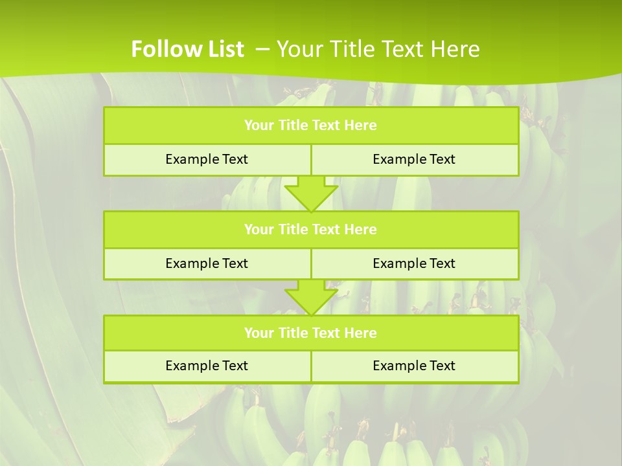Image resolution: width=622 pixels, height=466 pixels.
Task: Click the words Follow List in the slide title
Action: [x=187, y=49]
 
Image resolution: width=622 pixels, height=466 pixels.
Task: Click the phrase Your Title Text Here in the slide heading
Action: [x=378, y=49]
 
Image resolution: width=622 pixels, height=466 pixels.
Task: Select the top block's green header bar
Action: [x=311, y=126]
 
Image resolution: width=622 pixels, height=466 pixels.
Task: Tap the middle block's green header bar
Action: [x=311, y=229]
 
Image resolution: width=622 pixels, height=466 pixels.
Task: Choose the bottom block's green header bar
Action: [x=311, y=333]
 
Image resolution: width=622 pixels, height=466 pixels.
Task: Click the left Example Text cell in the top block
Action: [x=207, y=159]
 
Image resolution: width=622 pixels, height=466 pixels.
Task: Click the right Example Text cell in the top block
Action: [x=414, y=159]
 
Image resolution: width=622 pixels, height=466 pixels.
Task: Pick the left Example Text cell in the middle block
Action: [x=207, y=263]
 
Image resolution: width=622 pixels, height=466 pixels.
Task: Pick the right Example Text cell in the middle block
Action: [x=414, y=263]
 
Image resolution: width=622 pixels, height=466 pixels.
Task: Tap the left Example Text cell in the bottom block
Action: [x=207, y=366]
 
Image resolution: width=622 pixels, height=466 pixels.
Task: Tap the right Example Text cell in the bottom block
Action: [x=414, y=366]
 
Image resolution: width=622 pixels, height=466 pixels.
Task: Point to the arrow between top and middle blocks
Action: [x=311, y=193]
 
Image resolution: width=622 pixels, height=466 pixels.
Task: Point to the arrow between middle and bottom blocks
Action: [x=311, y=297]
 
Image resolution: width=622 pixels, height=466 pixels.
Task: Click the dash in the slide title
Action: [x=262, y=48]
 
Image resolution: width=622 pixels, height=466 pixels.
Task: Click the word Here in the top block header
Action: [x=361, y=126]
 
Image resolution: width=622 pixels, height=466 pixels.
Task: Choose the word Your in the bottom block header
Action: [x=259, y=333]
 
